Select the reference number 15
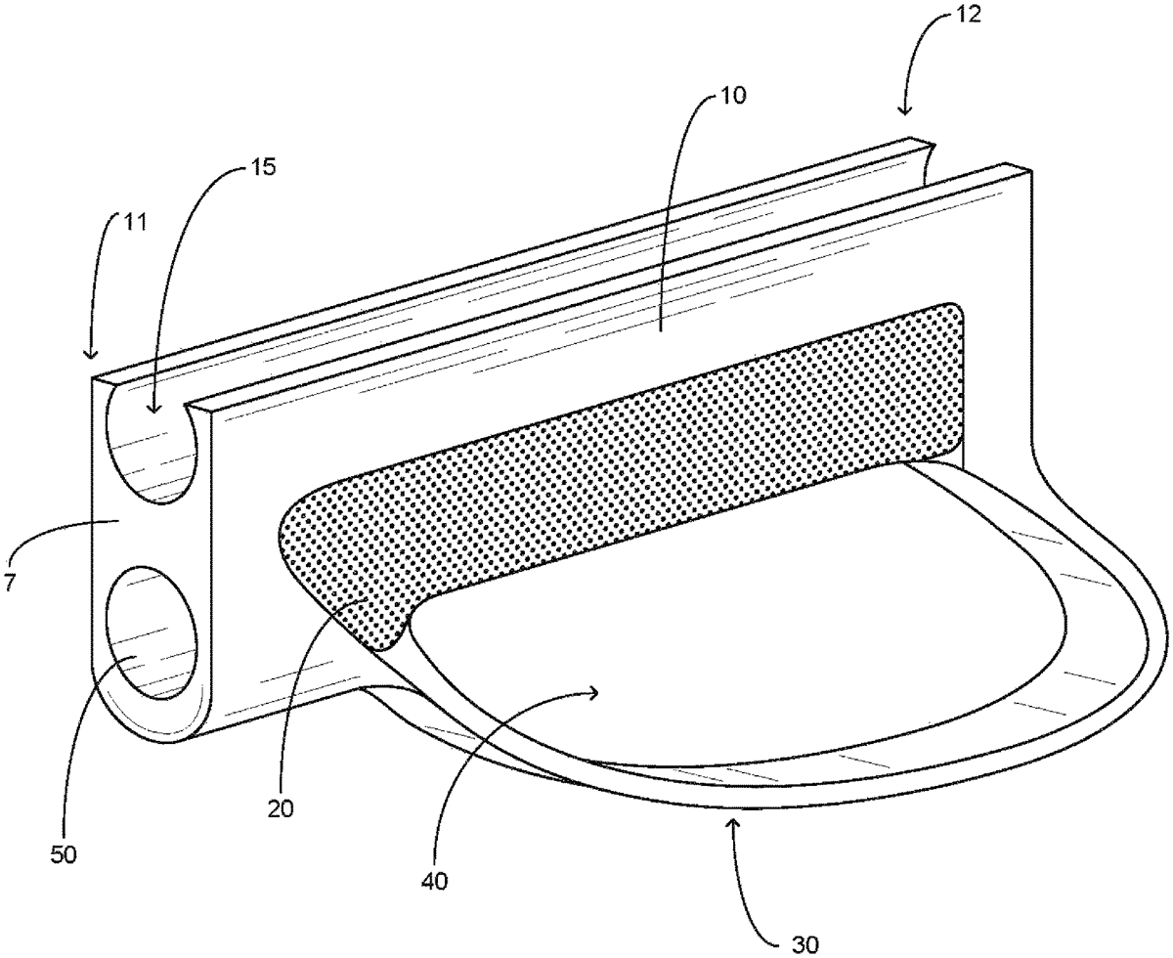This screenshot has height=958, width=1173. click(x=262, y=166)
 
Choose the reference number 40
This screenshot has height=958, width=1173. click(x=434, y=880)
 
